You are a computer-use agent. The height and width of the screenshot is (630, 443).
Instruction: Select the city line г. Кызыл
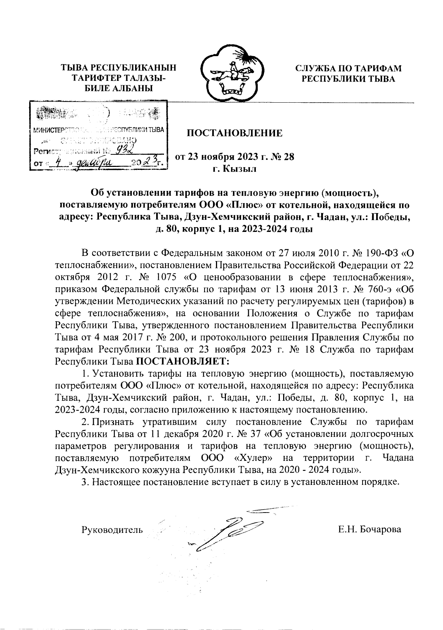point(234,169)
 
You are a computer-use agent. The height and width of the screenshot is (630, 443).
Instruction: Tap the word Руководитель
point(112,530)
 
